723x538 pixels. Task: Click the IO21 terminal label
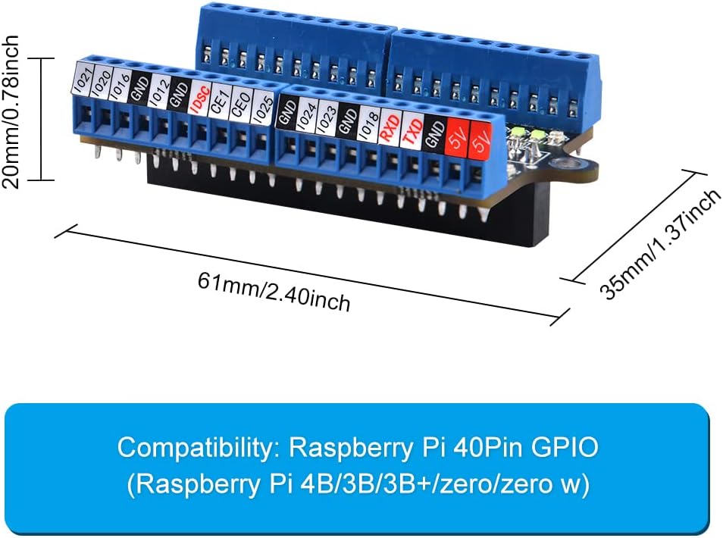(x=83, y=77)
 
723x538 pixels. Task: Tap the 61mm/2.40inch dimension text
(x=274, y=292)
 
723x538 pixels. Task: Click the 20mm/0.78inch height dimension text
(x=11, y=112)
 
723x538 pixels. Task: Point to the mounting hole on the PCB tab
(x=565, y=164)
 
